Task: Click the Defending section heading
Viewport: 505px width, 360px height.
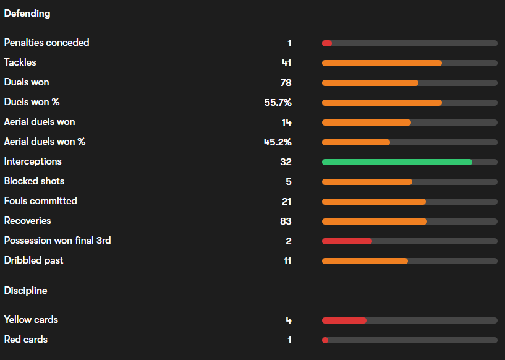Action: [x=27, y=13]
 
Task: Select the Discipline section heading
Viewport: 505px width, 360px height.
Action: [x=25, y=290]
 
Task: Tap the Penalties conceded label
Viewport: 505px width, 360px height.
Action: [x=46, y=43]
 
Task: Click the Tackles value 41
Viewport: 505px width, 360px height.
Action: [x=286, y=62]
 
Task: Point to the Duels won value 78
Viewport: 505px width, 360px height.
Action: [x=286, y=82]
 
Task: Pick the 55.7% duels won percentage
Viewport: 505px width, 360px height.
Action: [x=278, y=102]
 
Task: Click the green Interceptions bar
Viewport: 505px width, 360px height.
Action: [x=397, y=162]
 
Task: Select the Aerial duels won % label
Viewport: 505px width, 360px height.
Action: [x=45, y=142]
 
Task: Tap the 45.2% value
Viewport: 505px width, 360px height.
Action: [x=278, y=142]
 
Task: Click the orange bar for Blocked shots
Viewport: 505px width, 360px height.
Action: [x=367, y=182]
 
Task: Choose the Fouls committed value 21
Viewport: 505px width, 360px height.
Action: [x=286, y=201]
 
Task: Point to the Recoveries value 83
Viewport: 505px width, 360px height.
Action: [x=286, y=221]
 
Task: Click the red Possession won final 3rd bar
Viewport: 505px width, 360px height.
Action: [x=347, y=241]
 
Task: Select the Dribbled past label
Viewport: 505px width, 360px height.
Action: [x=33, y=260]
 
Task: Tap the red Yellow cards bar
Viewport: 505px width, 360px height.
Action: [x=344, y=320]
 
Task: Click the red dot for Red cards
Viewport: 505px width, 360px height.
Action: [x=325, y=340]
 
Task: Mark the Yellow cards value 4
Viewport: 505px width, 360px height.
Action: [x=289, y=320]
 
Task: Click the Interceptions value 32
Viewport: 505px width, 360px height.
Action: [x=286, y=161]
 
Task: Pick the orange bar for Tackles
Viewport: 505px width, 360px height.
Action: [x=381, y=63]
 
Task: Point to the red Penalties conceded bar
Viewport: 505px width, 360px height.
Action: [x=327, y=43]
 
